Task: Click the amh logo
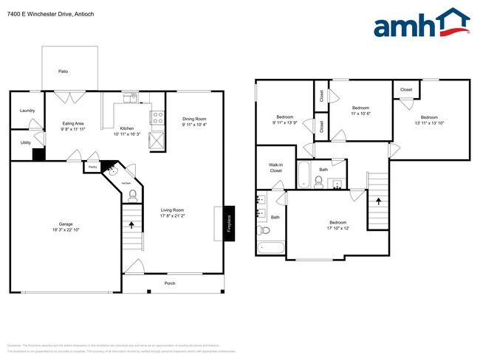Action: click(421, 24)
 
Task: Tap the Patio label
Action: click(64, 71)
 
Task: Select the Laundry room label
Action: click(27, 110)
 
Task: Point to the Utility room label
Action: click(25, 142)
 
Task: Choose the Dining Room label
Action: click(194, 119)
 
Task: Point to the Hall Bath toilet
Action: click(132, 195)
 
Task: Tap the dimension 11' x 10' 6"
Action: click(360, 113)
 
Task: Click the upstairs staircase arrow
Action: click(377, 200)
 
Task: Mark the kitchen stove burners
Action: click(157, 115)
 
